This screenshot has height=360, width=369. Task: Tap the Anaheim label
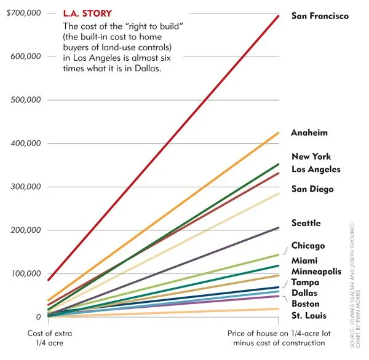click(309, 133)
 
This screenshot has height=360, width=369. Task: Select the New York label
click(311, 157)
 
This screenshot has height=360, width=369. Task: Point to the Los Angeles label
click(315, 169)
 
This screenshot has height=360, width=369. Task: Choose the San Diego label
click(312, 189)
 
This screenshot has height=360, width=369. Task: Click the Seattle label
click(306, 223)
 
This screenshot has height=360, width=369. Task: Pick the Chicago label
click(308, 246)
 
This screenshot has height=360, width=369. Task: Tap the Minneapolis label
click(317, 271)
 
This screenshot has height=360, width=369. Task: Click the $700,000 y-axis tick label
click(23, 12)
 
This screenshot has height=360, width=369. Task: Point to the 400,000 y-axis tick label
click(26, 143)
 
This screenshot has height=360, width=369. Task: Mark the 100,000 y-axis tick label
click(26, 273)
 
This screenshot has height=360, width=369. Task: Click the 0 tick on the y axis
click(38, 317)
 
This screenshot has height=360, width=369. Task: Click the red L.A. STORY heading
click(87, 12)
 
